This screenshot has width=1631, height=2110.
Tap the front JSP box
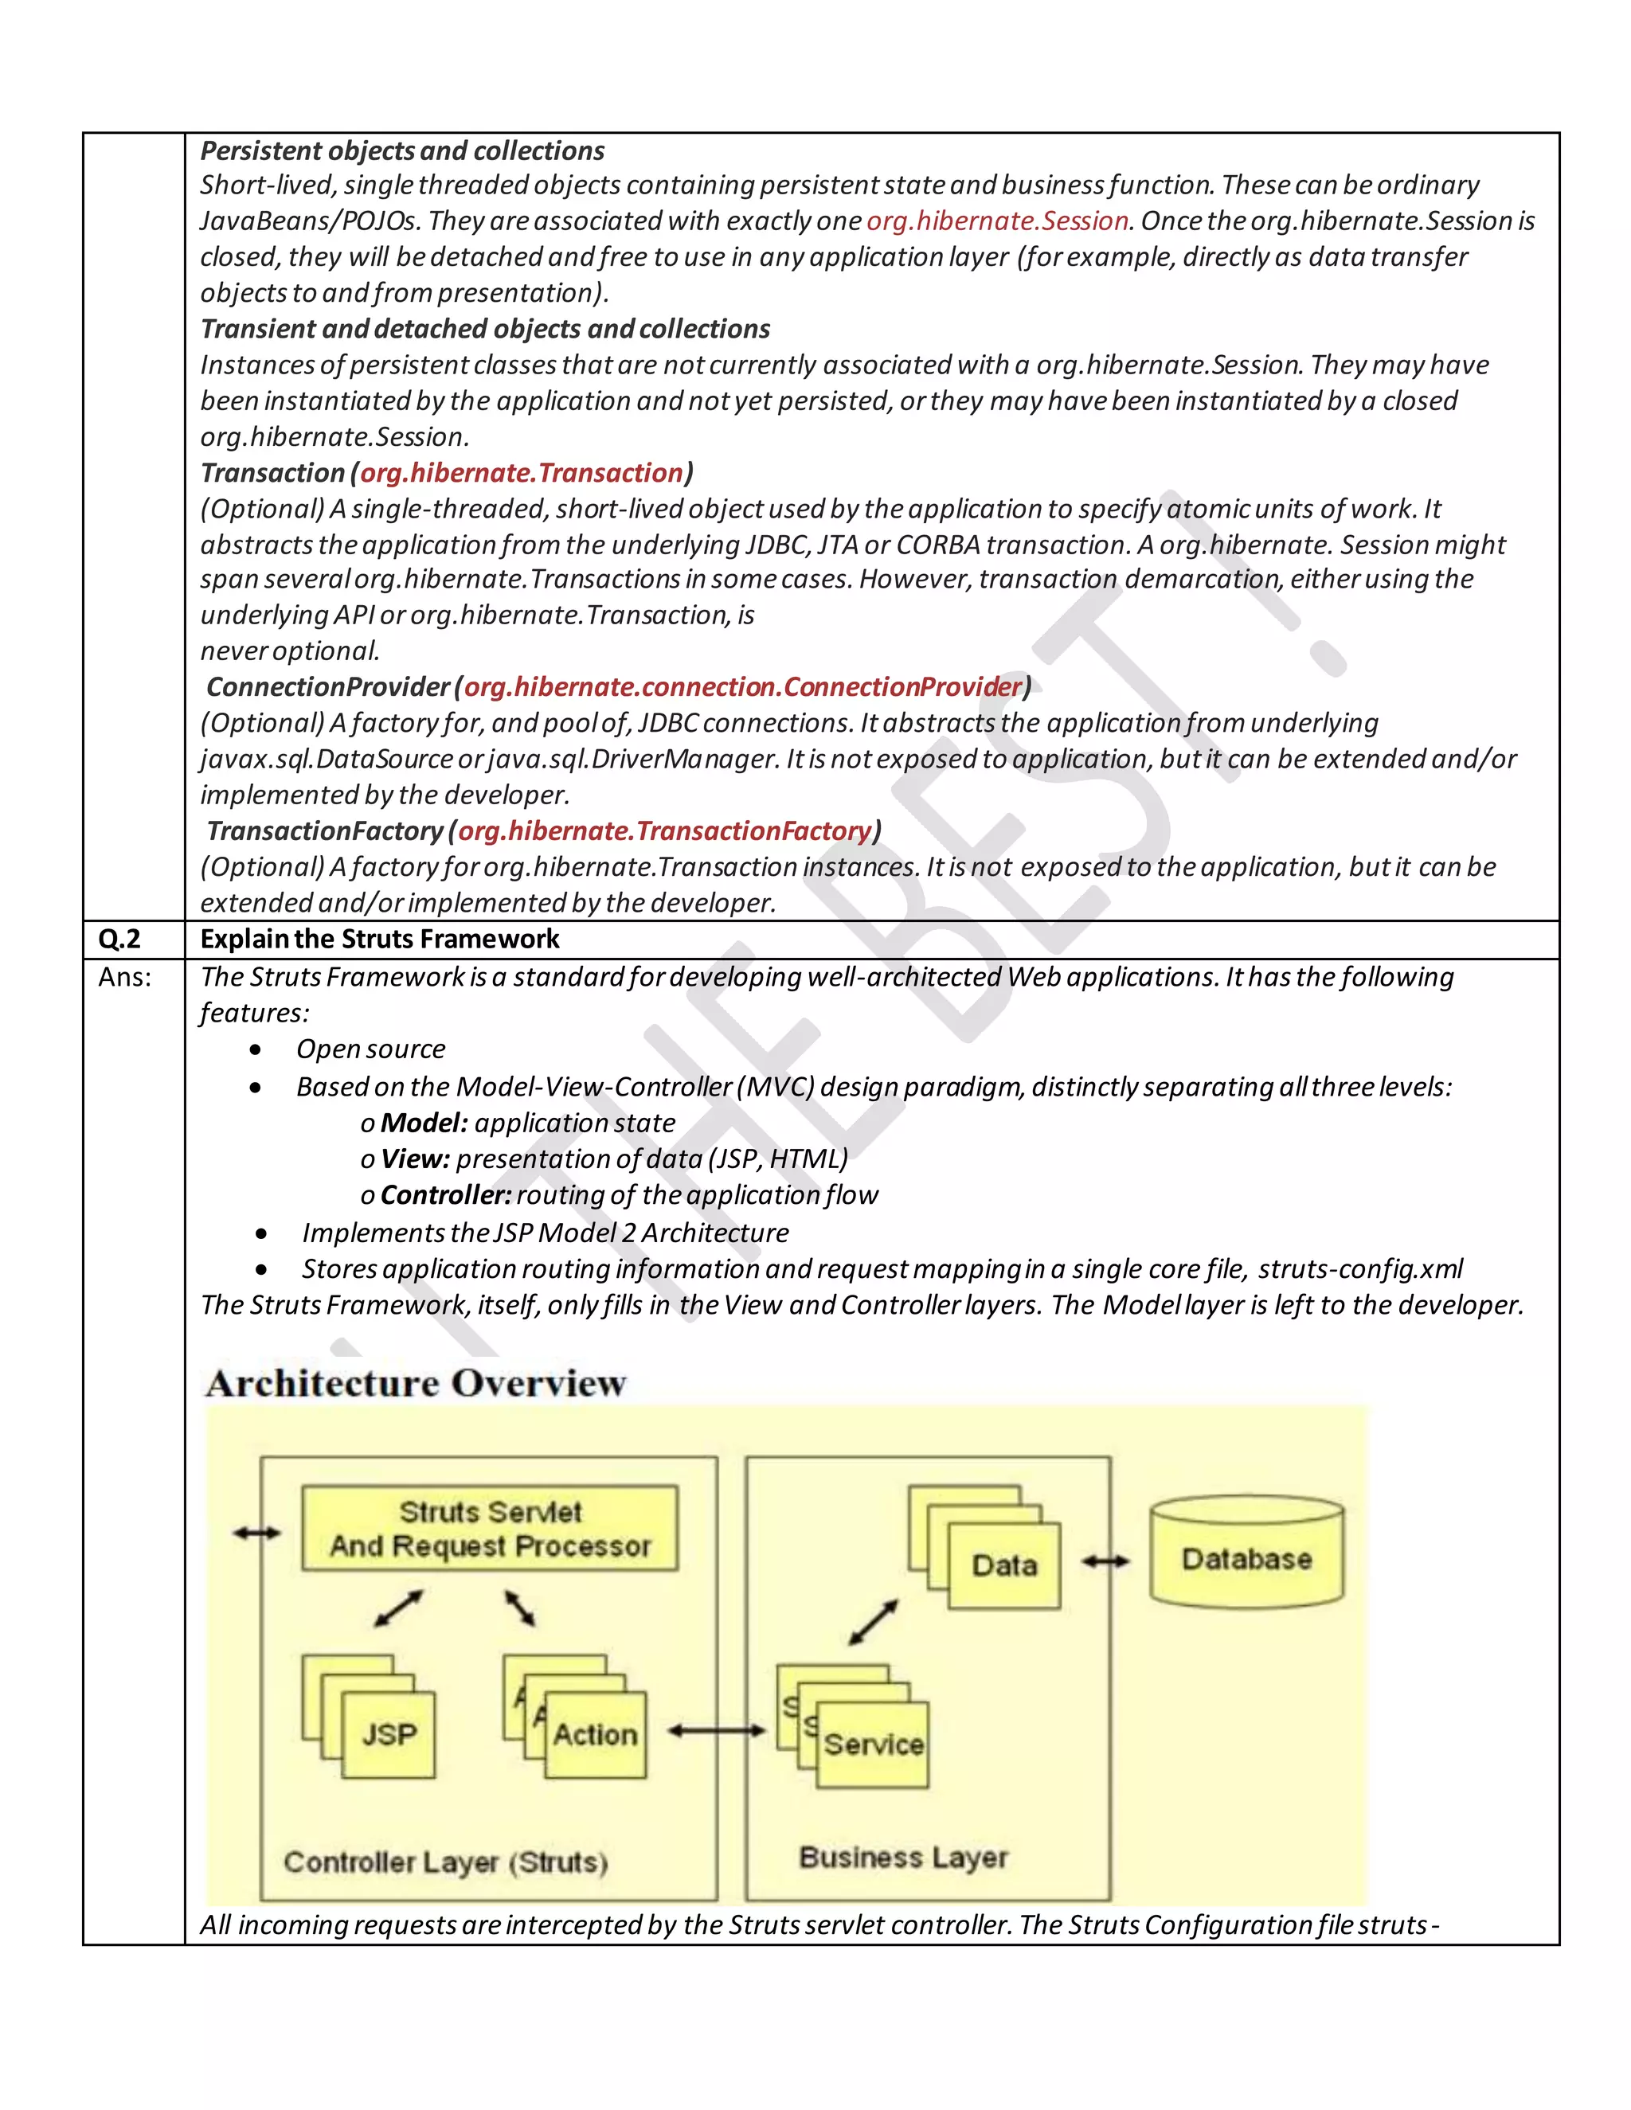click(x=389, y=1734)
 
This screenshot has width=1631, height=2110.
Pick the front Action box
click(x=595, y=1734)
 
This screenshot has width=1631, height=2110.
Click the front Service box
click(x=874, y=1744)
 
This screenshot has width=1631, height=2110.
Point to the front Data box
click(x=1004, y=1565)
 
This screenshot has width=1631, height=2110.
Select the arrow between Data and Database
click(x=1105, y=1561)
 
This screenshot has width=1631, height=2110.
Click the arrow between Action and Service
click(x=716, y=1730)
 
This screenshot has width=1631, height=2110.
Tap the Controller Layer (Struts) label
click(x=445, y=1862)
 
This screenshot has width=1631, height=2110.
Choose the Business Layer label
click(x=903, y=1857)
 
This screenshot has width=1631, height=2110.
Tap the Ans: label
click(x=125, y=977)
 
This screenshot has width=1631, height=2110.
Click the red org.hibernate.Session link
click(x=997, y=221)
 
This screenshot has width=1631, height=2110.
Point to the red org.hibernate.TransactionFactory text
click(x=665, y=830)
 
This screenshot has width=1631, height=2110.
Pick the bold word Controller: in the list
click(x=445, y=1195)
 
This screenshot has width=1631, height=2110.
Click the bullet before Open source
click(x=255, y=1049)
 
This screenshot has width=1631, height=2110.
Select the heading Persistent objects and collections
click(x=402, y=150)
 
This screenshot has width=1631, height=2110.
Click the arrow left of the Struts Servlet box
click(x=257, y=1532)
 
